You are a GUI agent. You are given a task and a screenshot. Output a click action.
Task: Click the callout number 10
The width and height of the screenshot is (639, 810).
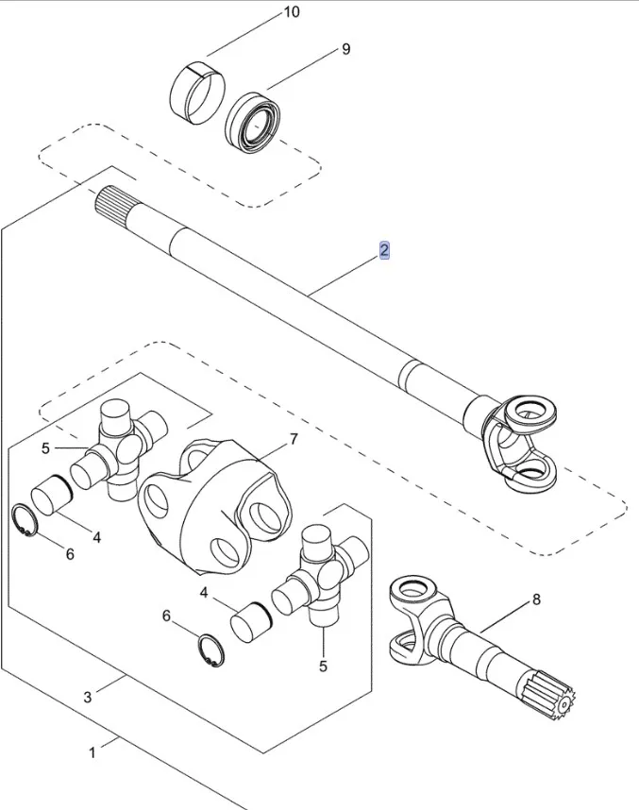291,12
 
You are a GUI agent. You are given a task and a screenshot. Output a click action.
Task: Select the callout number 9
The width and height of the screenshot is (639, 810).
345,49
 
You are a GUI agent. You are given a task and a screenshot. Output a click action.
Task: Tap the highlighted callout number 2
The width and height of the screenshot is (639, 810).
384,250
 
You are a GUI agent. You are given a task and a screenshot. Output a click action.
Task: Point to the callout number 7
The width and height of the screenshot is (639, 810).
293,439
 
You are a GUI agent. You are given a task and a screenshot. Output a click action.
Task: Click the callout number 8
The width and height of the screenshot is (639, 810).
536,599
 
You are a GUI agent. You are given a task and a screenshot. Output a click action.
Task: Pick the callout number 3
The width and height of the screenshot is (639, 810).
88,697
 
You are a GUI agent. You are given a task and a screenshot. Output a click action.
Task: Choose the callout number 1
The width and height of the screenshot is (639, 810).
92,752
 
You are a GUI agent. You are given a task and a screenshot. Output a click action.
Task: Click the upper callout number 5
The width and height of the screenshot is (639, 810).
45,447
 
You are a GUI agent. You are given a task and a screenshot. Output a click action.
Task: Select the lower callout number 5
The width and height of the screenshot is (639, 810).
323,667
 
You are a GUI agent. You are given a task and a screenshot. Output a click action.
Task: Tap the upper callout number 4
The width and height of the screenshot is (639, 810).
96,536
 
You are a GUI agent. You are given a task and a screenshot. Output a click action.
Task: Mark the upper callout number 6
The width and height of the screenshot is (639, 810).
69,554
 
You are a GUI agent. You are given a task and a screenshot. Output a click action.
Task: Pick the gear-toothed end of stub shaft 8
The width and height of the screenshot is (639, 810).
551,698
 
